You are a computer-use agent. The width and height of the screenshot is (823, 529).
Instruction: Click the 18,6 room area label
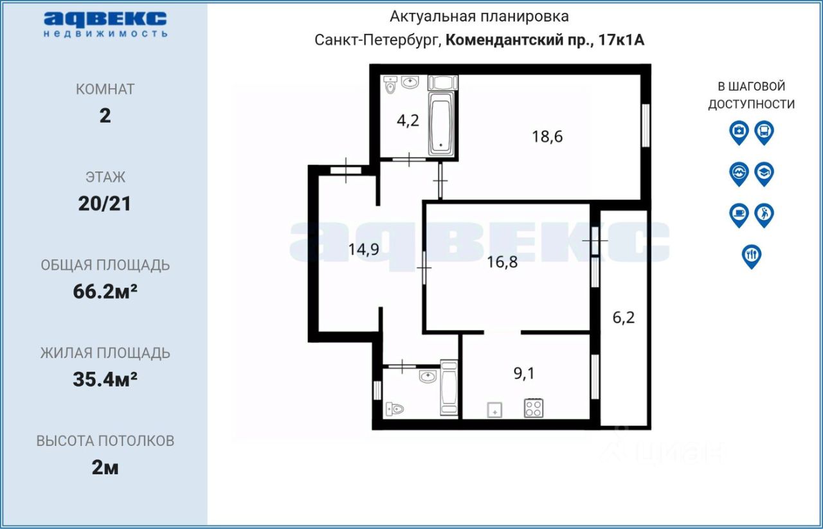click(x=547, y=136)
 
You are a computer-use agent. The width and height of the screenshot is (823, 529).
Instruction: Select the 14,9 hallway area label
click(x=363, y=250)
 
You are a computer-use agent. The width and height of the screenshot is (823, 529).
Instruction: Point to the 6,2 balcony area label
click(x=623, y=317)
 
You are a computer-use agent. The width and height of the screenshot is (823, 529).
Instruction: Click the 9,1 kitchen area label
click(x=524, y=373)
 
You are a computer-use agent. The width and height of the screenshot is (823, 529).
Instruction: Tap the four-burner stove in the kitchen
click(x=533, y=408)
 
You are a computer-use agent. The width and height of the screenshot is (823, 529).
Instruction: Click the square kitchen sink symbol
click(x=494, y=409)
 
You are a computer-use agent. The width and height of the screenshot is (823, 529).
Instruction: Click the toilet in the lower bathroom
click(x=394, y=408)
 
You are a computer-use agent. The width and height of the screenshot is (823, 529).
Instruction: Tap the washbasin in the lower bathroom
click(x=428, y=376)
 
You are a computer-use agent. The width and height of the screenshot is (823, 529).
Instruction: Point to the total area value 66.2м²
click(x=105, y=292)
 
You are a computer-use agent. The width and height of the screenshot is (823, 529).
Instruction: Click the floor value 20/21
click(x=105, y=204)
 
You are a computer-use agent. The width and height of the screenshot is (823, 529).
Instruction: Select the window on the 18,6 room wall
click(x=646, y=125)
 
